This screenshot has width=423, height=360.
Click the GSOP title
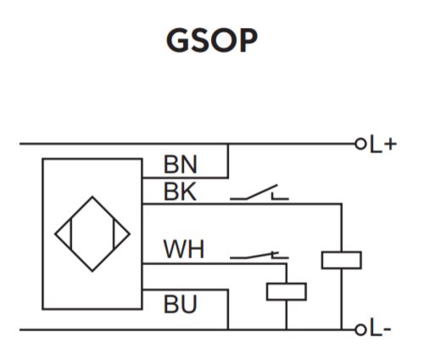tap(212, 41)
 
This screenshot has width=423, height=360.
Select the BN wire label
tap(181, 164)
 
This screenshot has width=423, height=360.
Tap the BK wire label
tap(180, 191)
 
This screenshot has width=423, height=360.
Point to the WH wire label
tap(184, 249)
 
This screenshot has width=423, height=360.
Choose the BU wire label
tap(181, 304)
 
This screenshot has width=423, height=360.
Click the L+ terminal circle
tap(360, 144)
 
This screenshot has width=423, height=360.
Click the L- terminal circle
tap(360, 330)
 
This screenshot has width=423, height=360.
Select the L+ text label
tap(383, 144)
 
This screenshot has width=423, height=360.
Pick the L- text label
tap(381, 328)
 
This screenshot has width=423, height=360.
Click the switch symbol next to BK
tap(259, 192)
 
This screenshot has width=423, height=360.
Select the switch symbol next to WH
tap(259, 255)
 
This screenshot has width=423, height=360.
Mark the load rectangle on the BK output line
tap(342, 260)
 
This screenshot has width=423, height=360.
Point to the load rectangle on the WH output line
tap(287, 291)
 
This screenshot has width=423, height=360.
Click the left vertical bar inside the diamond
tap(71, 234)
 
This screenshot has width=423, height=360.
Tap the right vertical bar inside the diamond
tap(114, 234)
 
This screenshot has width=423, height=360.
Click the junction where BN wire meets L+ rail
tap(228, 144)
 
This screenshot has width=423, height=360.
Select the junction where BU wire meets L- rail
tap(228, 330)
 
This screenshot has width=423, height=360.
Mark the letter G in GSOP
tap(177, 41)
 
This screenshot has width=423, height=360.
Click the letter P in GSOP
tap(248, 41)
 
